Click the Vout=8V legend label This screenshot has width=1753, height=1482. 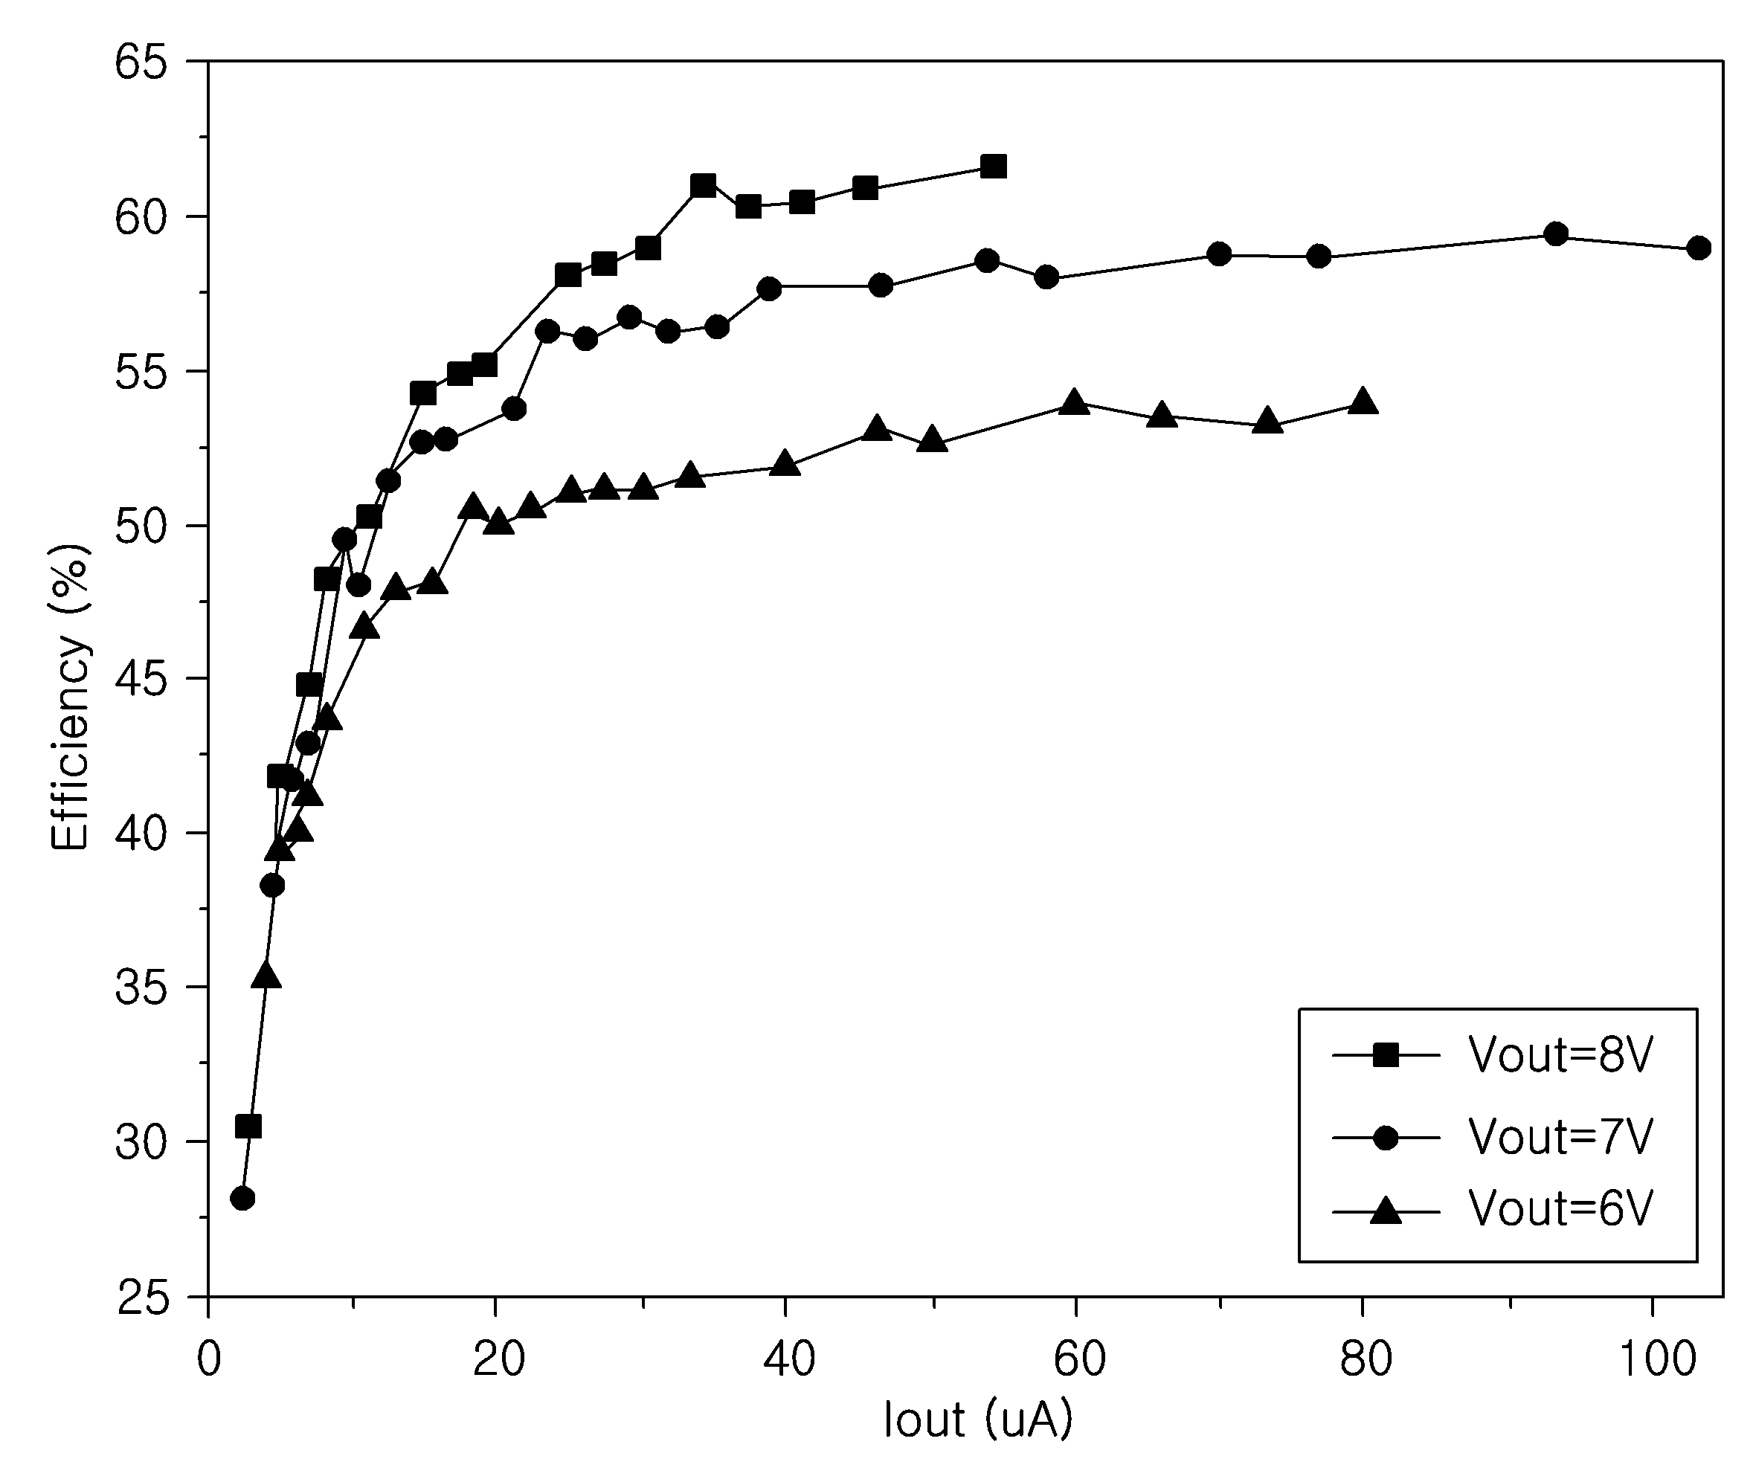click(x=1560, y=1054)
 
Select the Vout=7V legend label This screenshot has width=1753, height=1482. click(x=1560, y=1138)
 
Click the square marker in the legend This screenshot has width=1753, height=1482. click(x=1386, y=1054)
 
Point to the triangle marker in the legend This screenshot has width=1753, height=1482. click(x=1386, y=1211)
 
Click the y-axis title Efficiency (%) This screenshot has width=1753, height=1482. click(x=69, y=697)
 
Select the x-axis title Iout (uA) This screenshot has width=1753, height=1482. click(x=978, y=1420)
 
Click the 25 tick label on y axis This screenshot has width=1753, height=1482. click(x=141, y=1299)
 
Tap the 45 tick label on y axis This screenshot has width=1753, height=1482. click(x=141, y=680)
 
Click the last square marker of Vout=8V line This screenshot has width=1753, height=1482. click(x=994, y=167)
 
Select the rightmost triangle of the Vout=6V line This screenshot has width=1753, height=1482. click(x=1363, y=402)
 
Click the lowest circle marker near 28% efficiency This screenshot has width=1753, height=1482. click(x=242, y=1198)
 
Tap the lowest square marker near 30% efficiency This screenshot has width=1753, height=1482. click(x=248, y=1126)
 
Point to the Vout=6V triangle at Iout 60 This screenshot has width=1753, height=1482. click(x=1074, y=402)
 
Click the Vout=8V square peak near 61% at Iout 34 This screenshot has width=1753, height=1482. click(x=704, y=186)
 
